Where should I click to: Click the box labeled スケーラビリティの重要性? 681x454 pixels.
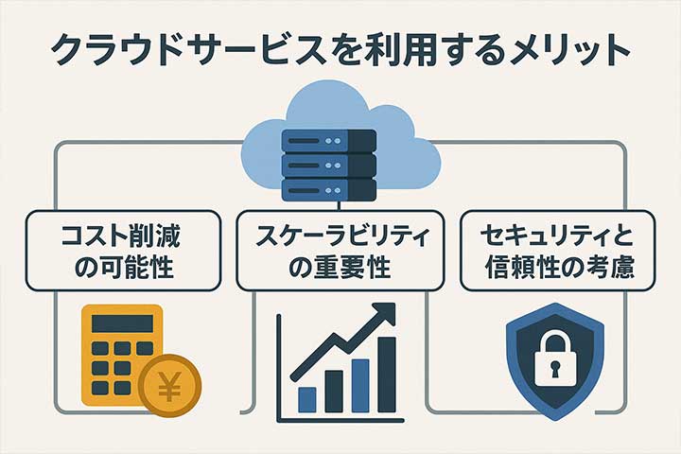340,249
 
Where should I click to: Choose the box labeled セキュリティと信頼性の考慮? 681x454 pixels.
557,249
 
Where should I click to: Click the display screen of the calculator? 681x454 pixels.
120,323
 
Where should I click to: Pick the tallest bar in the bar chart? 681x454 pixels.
386,374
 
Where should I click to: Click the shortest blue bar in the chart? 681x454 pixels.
306,398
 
